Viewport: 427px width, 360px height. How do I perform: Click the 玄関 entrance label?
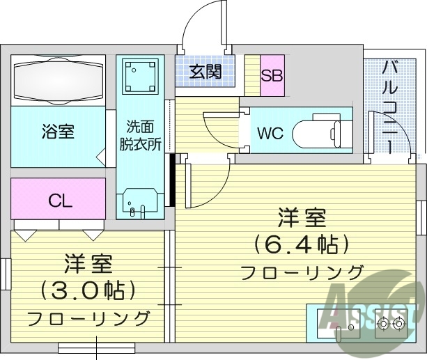pyautogui.click(x=205, y=71)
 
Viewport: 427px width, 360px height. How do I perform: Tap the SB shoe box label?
pyautogui.click(x=272, y=73)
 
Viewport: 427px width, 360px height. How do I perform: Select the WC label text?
pyautogui.click(x=270, y=133)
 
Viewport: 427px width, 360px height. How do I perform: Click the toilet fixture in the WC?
pyautogui.click(x=318, y=132)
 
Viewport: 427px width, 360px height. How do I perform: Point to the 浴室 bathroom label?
pyautogui.click(x=58, y=131)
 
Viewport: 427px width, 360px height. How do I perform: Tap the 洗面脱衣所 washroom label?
pyautogui.click(x=140, y=136)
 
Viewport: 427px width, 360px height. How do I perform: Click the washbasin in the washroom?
pyautogui.click(x=140, y=203)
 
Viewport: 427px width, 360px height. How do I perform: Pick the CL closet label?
pyautogui.click(x=60, y=201)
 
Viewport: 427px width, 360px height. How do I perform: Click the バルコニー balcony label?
pyautogui.click(x=391, y=104)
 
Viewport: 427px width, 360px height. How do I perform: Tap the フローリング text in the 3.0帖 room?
pyautogui.click(x=88, y=318)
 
